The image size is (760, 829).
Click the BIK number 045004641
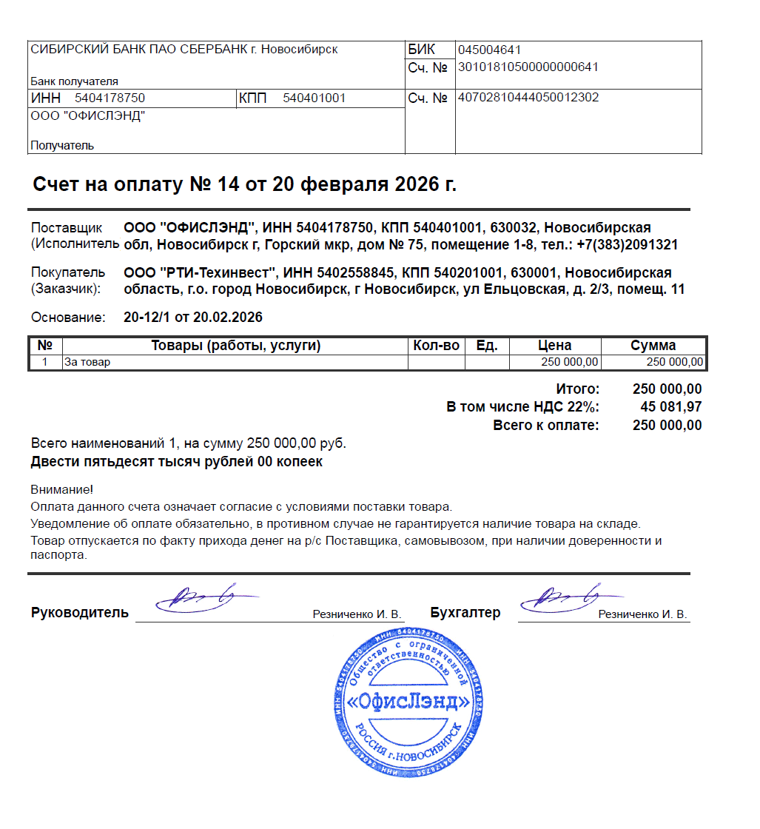(490, 50)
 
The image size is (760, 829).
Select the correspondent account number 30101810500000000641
(528, 67)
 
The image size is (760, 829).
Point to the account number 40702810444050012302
(528, 98)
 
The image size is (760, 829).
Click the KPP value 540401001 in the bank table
(315, 98)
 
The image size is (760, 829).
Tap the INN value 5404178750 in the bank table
(110, 98)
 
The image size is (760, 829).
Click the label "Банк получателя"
(74, 81)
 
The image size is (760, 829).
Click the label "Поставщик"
(68, 228)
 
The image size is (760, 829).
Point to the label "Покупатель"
(68, 273)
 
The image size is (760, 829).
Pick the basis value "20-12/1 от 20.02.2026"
(193, 318)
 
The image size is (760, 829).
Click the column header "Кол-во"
(437, 346)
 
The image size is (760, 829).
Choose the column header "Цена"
(554, 346)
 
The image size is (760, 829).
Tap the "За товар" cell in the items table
(87, 363)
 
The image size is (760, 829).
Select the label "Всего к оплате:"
(546, 426)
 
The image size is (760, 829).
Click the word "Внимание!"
(62, 490)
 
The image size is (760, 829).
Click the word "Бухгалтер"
(465, 613)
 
